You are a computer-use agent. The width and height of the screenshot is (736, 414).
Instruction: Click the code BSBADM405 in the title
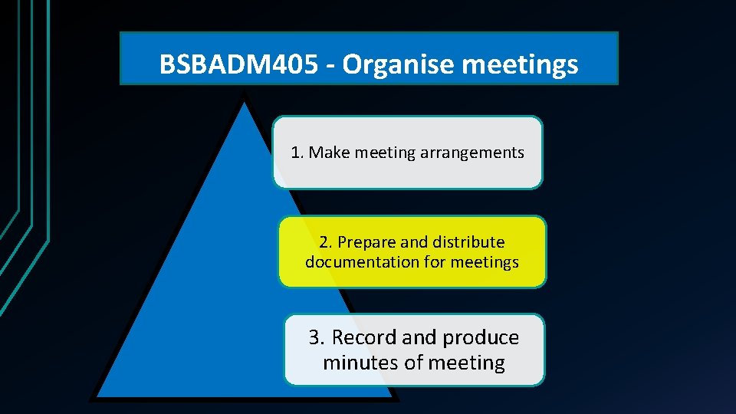(x=238, y=65)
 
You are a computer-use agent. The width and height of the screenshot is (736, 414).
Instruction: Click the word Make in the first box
(x=329, y=153)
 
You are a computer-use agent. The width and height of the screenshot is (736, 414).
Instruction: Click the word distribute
(x=468, y=242)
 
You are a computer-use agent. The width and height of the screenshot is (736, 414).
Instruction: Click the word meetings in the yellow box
(x=485, y=262)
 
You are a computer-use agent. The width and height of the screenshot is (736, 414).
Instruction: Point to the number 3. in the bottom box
(x=317, y=337)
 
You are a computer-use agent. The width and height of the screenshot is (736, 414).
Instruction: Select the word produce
(x=481, y=337)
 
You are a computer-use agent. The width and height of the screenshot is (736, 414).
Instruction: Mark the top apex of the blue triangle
(x=245, y=105)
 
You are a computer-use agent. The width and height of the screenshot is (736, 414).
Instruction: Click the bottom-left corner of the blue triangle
(x=98, y=396)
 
